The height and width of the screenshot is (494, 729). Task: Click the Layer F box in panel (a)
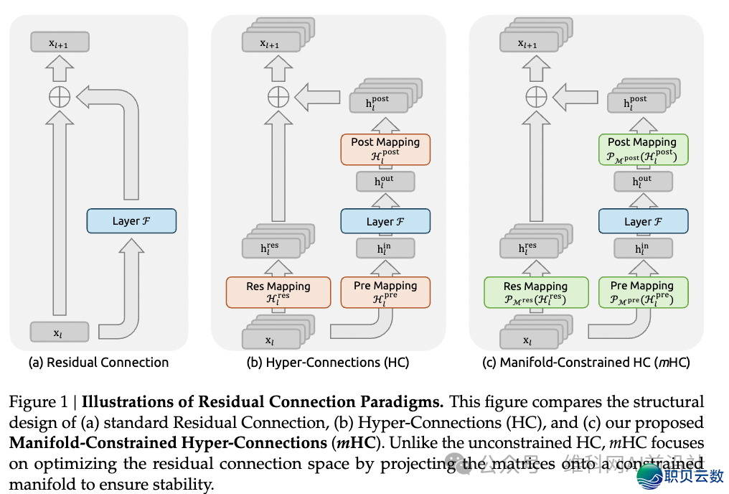[131, 220]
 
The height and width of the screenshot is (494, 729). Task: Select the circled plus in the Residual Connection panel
[60, 96]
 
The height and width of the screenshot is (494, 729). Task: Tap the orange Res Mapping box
[278, 292]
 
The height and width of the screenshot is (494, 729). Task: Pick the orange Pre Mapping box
[385, 292]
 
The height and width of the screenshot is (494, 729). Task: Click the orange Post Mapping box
[385, 149]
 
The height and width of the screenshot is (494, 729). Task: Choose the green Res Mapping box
[535, 292]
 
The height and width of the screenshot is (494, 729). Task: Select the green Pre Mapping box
[643, 292]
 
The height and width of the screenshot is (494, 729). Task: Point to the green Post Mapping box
[643, 149]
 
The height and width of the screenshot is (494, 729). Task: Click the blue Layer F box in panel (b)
[385, 221]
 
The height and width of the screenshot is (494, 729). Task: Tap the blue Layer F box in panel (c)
[643, 221]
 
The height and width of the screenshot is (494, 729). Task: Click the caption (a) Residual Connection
[98, 363]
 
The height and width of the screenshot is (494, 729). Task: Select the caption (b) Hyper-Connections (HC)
[327, 363]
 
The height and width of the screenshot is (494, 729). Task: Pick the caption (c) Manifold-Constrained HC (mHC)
[586, 363]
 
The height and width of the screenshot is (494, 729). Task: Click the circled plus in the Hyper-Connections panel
[278, 96]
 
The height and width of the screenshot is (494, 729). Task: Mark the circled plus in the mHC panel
[535, 96]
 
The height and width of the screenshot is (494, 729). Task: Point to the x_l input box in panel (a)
[60, 332]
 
